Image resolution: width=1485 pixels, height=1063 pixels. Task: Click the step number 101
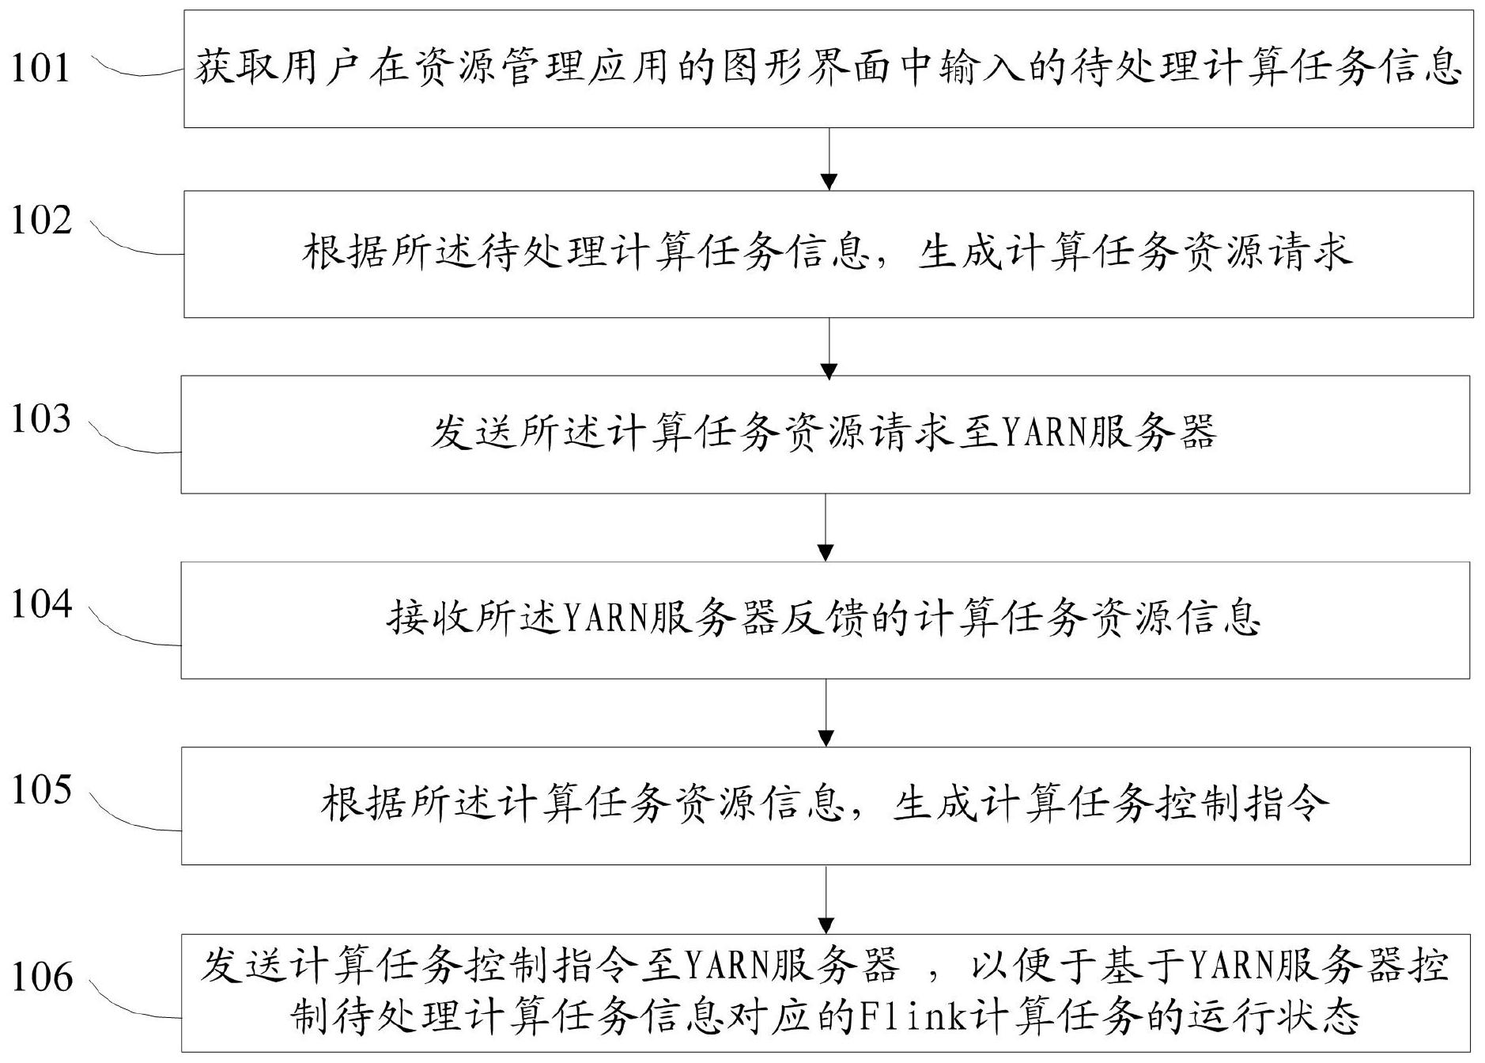tap(40, 68)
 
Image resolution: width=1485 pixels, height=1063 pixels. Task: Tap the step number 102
tap(41, 220)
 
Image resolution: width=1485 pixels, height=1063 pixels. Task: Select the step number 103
tap(41, 419)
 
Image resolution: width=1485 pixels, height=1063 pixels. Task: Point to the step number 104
tap(41, 604)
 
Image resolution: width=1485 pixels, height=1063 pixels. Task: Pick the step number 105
tap(41, 789)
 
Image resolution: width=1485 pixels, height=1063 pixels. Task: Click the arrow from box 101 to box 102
tap(829, 159)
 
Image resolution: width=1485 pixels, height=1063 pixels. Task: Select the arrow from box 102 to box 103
tap(829, 347)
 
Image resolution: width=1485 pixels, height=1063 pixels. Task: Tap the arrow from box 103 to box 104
tap(826, 528)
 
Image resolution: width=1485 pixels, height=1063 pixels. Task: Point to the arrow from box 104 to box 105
tap(826, 713)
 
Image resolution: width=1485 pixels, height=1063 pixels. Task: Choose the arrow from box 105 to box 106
tap(826, 899)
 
